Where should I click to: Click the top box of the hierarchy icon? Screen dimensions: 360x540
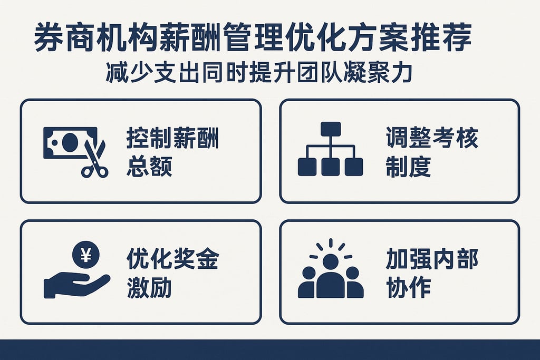331,129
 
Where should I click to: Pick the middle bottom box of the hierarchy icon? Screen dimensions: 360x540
331,167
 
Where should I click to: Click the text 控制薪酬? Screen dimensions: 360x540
172,140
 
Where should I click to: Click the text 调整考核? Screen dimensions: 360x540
432,140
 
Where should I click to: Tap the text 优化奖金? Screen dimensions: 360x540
172,260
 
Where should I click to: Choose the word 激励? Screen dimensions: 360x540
149,288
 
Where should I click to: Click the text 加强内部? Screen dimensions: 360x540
432,260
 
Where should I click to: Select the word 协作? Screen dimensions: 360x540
408,288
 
